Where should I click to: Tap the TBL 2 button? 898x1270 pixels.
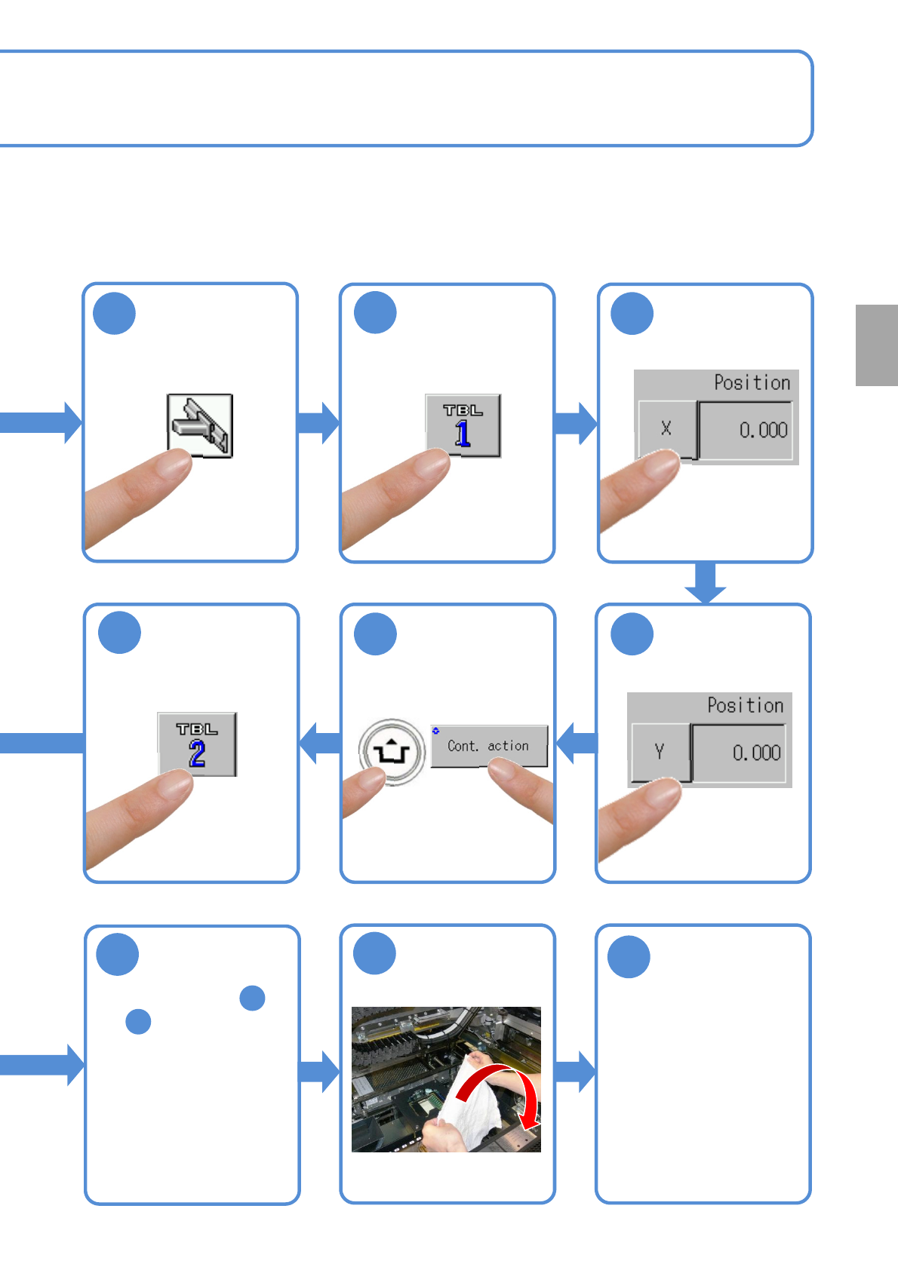[x=197, y=744]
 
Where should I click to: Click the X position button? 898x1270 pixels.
[x=666, y=429]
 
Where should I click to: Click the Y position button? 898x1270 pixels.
[x=660, y=752]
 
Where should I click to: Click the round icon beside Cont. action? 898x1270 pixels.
[x=392, y=752]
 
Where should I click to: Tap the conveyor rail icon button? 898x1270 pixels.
[x=200, y=425]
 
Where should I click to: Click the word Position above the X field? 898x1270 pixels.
[x=752, y=383]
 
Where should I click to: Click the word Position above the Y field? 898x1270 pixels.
[x=745, y=706]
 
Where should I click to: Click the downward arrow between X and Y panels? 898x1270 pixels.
[x=706, y=582]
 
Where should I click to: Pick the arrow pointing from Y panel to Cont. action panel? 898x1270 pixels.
[x=577, y=743]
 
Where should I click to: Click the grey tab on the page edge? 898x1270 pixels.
[x=876, y=345]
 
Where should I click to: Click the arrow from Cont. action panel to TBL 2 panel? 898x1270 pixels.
[x=320, y=743]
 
